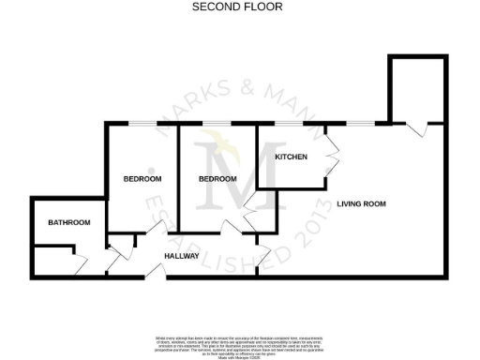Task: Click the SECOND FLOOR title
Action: click(224, 7)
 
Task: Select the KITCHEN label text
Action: click(290, 157)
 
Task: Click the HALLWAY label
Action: click(182, 255)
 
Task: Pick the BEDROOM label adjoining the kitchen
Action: click(217, 178)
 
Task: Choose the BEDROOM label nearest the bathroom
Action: click(142, 178)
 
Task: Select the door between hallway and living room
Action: click(263, 253)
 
